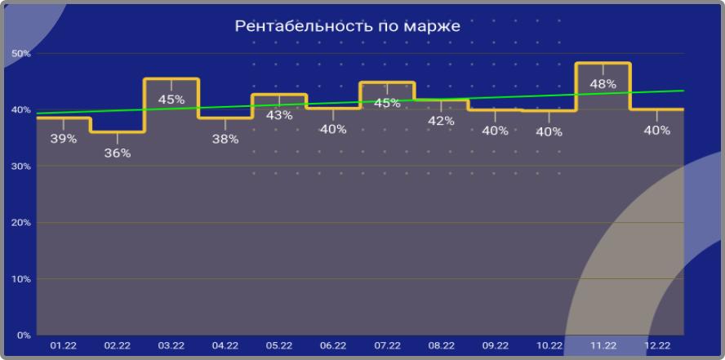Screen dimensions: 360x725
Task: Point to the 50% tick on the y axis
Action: pos(20,54)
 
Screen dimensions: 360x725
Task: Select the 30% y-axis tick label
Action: pos(20,167)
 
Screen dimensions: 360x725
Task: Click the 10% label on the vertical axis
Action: pos(20,279)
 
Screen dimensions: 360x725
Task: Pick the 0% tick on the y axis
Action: pos(23,335)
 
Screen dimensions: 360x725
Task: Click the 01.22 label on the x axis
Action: pos(63,346)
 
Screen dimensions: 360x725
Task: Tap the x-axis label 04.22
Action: pos(225,346)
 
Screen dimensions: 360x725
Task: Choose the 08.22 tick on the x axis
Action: pos(441,346)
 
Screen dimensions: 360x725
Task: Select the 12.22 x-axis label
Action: pos(656,346)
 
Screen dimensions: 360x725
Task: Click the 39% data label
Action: pos(63,139)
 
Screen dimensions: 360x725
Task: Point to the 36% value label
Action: pos(117,153)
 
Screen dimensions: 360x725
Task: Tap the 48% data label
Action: pos(603,84)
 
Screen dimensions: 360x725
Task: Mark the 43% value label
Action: pos(279,115)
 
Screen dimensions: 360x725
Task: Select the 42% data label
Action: pos(441,121)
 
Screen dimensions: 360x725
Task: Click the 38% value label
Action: pos(225,140)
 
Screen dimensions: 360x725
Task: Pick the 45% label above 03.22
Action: pos(171,100)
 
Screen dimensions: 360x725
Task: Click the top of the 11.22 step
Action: pos(603,63)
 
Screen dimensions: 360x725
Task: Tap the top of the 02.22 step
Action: pos(117,131)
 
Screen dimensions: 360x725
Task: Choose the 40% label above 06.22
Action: pos(333,129)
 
